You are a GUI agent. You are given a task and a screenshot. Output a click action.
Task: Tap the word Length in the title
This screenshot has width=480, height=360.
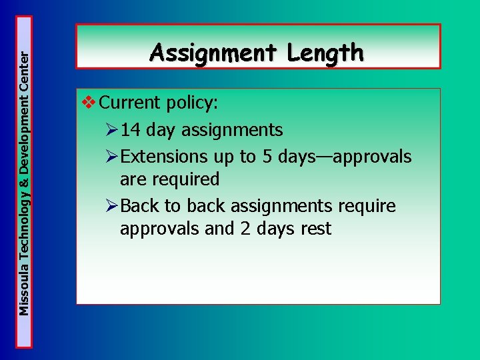pos(326,52)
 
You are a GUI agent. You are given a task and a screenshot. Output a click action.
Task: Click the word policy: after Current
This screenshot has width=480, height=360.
pos(193,103)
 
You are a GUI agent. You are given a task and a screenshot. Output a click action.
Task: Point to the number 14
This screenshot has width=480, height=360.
pos(131,130)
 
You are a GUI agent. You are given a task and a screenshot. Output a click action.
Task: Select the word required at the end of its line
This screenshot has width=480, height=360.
pos(186,179)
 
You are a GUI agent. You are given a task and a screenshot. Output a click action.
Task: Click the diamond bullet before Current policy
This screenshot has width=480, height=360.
pos(88,103)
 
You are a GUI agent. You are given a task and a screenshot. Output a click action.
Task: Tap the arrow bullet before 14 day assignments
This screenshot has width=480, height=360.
pos(112,130)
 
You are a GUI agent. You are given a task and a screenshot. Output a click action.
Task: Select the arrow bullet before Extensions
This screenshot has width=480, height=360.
pos(112,157)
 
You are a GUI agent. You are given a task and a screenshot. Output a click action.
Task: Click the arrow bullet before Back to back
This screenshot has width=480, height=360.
pos(112,207)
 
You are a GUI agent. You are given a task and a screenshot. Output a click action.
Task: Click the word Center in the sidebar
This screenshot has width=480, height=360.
pos(24,72)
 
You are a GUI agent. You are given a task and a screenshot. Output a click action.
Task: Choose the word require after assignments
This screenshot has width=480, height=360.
pos(367,207)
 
